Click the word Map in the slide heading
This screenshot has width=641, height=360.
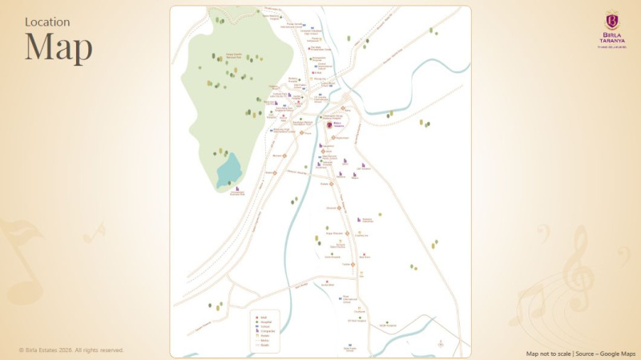coord(58,47)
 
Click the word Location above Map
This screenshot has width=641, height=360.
coord(47,22)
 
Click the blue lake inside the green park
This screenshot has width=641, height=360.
coord(229,170)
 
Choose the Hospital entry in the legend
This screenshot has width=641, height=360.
coord(264,322)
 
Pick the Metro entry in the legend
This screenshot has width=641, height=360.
coord(263,341)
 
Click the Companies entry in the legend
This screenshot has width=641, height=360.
coord(266,331)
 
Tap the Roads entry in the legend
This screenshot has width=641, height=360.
coord(263,345)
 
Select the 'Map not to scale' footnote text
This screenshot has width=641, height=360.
coord(548,353)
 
